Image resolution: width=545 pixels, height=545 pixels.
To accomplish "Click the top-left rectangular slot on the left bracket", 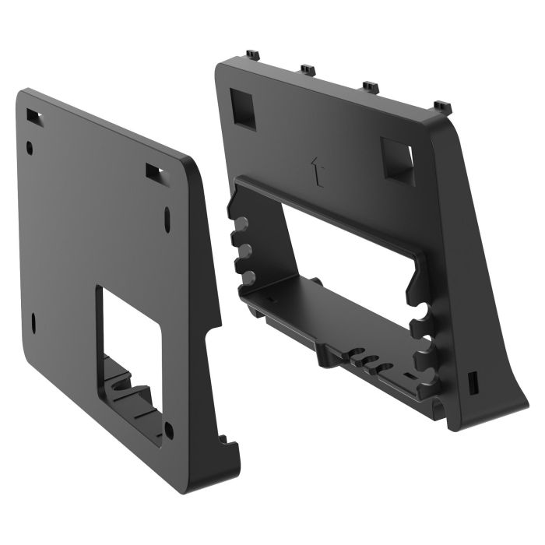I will pyautogui.click(x=33, y=115).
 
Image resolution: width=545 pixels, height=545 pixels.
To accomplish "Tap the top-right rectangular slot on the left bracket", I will pyautogui.click(x=153, y=169).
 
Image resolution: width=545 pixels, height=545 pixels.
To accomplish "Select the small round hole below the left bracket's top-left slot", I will pyautogui.click(x=30, y=145).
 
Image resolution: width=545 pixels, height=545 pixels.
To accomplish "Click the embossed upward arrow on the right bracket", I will pyautogui.click(x=315, y=171).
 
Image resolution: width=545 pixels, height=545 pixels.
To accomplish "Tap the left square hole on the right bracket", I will pyautogui.click(x=243, y=107).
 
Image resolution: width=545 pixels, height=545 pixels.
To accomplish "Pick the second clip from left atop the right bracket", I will pyautogui.click(x=307, y=70).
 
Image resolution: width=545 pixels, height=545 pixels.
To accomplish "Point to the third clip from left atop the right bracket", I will pyautogui.click(x=370, y=85).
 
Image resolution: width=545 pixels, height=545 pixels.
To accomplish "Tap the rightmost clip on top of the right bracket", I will pyautogui.click(x=441, y=104).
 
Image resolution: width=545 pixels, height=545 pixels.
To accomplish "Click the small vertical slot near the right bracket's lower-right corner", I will pyautogui.click(x=471, y=383).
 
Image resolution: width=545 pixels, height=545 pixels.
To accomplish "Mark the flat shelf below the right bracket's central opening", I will pyautogui.click(x=327, y=308).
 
